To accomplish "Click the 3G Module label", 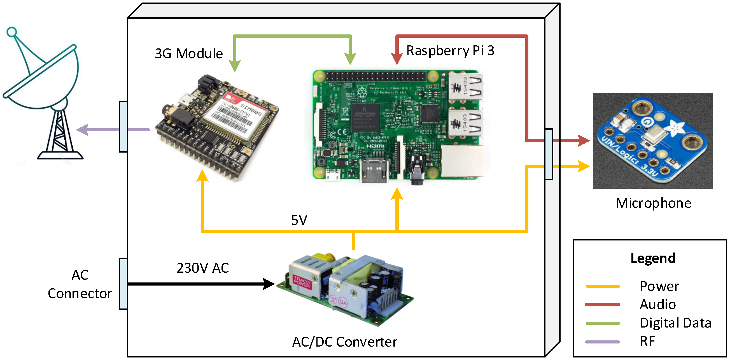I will tap(189, 54).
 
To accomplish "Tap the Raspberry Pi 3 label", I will tap(450, 51).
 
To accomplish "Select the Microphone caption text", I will tap(653, 203).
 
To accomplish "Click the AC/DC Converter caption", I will tap(344, 342).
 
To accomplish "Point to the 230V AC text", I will tap(203, 268).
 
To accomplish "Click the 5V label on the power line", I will tap(299, 220).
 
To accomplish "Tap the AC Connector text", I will tap(80, 284).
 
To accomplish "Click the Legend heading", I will tap(653, 258).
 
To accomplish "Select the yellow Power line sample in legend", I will tap(603, 286).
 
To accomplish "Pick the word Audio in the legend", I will tap(657, 305).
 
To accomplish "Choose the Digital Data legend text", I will tap(675, 323).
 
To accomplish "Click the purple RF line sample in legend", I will tap(603, 342).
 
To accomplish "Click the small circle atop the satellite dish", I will tap(11, 32).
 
